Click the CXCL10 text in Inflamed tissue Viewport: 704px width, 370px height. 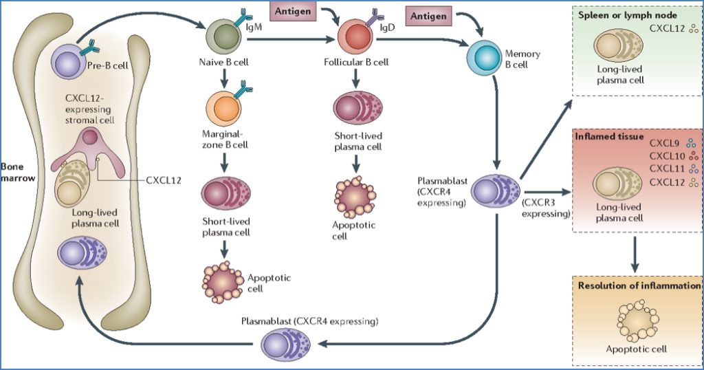(665, 156)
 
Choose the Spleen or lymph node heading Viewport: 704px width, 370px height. (628, 14)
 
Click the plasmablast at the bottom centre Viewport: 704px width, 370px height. (283, 342)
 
